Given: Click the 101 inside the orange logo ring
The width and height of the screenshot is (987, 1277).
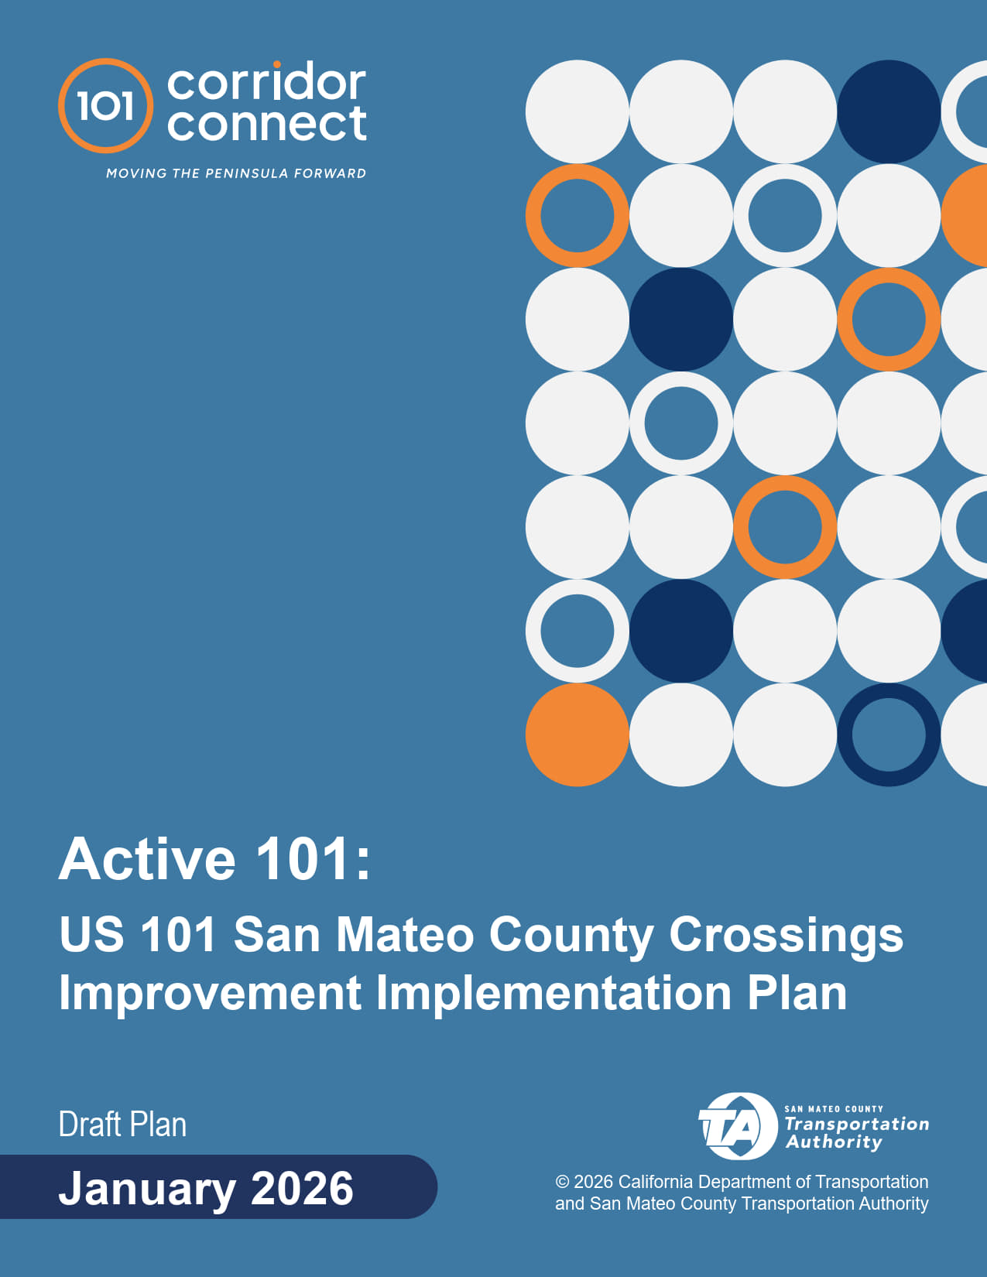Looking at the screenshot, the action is [106, 106].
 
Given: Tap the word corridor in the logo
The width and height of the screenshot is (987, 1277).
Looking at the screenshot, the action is [267, 81].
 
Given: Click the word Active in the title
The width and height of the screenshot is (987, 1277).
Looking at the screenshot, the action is [147, 859].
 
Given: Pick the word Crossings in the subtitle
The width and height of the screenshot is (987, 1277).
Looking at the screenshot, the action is [786, 936].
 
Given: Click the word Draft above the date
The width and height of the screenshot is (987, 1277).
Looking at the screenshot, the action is [90, 1125].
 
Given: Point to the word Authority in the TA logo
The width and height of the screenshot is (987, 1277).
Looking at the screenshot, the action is [834, 1142].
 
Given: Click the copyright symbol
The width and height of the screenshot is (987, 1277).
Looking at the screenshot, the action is [563, 1181].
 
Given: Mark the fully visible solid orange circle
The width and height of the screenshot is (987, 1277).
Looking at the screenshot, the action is [577, 734].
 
